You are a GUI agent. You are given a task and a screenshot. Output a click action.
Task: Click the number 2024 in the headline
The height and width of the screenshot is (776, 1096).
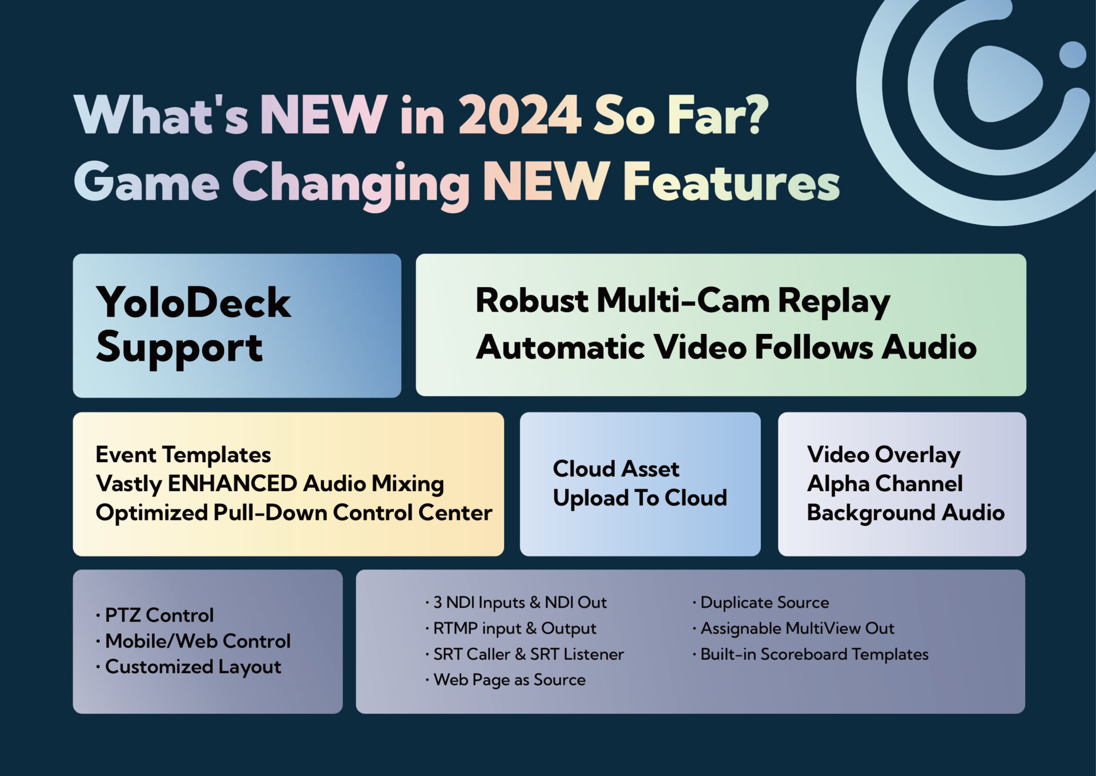click(519, 114)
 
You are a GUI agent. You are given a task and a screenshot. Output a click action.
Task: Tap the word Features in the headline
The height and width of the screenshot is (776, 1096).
click(731, 181)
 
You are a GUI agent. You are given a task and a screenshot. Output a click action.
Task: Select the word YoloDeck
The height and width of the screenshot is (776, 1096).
click(194, 302)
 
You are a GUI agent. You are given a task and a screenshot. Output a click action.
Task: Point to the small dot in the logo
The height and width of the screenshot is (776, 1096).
click(1073, 55)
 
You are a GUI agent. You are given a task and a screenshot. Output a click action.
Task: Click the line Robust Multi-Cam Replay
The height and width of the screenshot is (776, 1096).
click(683, 301)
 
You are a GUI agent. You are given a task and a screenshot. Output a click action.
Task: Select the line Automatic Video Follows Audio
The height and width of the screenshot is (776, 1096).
click(726, 347)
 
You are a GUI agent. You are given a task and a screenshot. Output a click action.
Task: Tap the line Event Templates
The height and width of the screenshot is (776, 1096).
click(183, 455)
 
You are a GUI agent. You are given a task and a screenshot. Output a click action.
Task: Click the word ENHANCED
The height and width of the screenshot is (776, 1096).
click(231, 483)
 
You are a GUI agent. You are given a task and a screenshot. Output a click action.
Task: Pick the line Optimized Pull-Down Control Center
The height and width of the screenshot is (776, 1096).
click(294, 512)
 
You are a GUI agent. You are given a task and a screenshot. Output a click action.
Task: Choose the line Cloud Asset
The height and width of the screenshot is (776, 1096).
click(616, 469)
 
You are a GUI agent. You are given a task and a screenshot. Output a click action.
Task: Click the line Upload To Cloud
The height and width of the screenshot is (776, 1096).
click(640, 498)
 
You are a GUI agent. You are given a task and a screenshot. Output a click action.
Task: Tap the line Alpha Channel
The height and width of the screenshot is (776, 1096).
click(885, 483)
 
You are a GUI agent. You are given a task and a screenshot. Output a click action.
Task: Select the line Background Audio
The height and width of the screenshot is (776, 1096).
click(906, 513)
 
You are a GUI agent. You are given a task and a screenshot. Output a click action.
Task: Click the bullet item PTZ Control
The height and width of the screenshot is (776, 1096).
click(155, 615)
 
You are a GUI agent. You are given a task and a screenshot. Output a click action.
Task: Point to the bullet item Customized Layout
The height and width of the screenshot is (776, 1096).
click(188, 667)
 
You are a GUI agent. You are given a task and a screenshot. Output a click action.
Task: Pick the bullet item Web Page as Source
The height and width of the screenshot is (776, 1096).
click(506, 680)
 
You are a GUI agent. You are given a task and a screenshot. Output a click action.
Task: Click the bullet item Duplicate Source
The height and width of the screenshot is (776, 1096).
click(761, 603)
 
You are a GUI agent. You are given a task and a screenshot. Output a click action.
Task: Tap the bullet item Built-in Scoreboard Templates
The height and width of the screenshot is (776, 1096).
click(811, 654)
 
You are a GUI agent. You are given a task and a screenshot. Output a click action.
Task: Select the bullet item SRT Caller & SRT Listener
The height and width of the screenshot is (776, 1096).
click(525, 654)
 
